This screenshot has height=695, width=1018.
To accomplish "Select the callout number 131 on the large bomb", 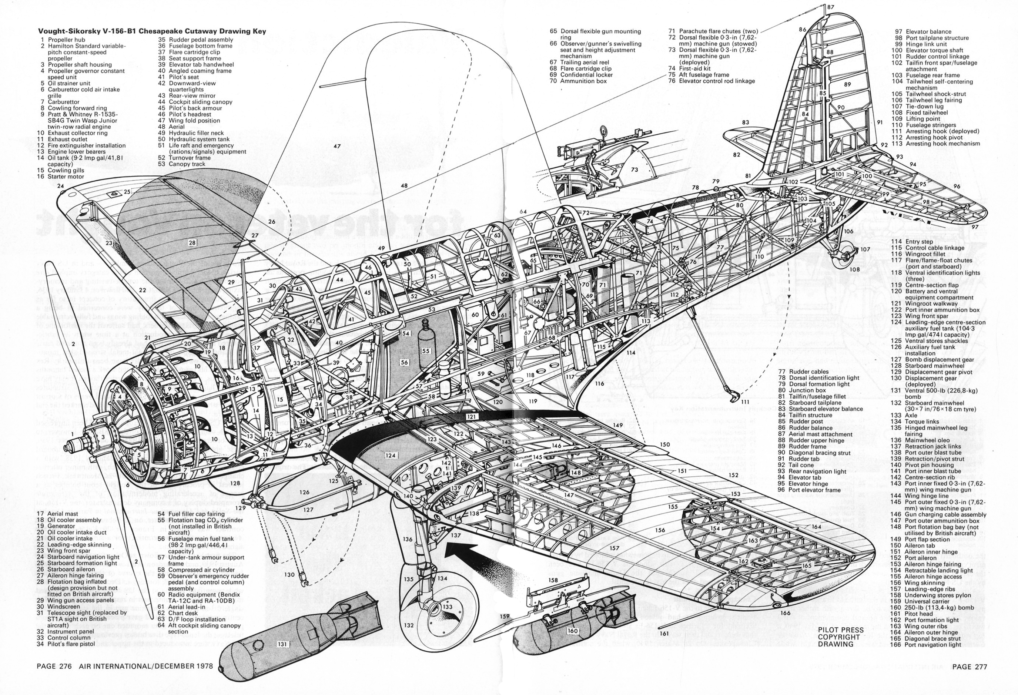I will pos(282,644).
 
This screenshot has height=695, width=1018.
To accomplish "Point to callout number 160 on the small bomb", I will pos(573,631).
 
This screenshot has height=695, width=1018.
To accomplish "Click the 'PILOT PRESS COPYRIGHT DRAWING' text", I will pos(841,637).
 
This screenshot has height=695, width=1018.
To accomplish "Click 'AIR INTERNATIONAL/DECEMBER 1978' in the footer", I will pos(146,666).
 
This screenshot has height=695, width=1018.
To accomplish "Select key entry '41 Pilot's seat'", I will pos(178,77).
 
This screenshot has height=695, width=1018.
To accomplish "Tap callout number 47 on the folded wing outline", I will pos(337,146).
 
